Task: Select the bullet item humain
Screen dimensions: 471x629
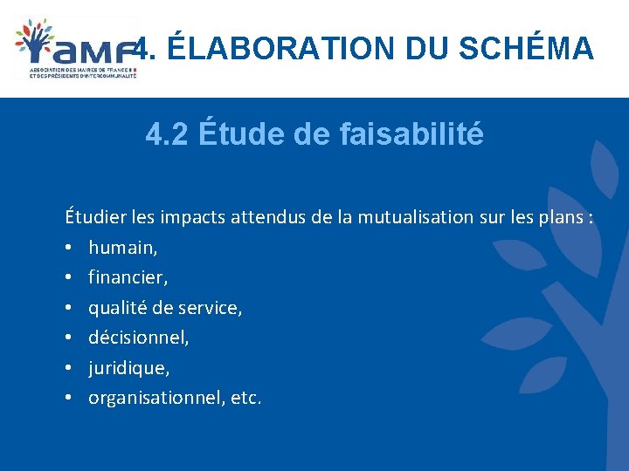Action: (122, 248)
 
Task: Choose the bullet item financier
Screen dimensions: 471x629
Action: (128, 278)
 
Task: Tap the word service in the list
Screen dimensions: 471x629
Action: (210, 308)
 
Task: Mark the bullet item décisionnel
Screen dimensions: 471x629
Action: (138, 338)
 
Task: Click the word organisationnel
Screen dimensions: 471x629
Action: (157, 398)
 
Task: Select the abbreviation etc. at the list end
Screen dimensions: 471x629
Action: (246, 398)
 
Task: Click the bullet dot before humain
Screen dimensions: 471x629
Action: (67, 249)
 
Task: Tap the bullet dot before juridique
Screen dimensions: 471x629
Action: (67, 368)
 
